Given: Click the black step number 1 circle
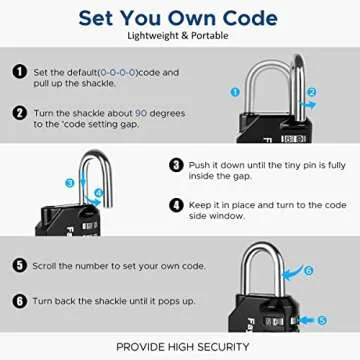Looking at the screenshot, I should pyautogui.click(x=18, y=72).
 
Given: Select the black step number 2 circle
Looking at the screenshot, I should pyautogui.click(x=18, y=113).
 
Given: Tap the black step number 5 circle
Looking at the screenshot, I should pyautogui.click(x=18, y=265).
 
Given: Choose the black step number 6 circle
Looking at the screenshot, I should pyautogui.click(x=18, y=300).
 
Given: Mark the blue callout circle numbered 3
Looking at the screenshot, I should pyautogui.click(x=70, y=183).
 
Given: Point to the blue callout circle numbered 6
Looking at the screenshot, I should pyautogui.click(x=308, y=269).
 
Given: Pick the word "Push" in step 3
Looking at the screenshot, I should pyautogui.click(x=203, y=164).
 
